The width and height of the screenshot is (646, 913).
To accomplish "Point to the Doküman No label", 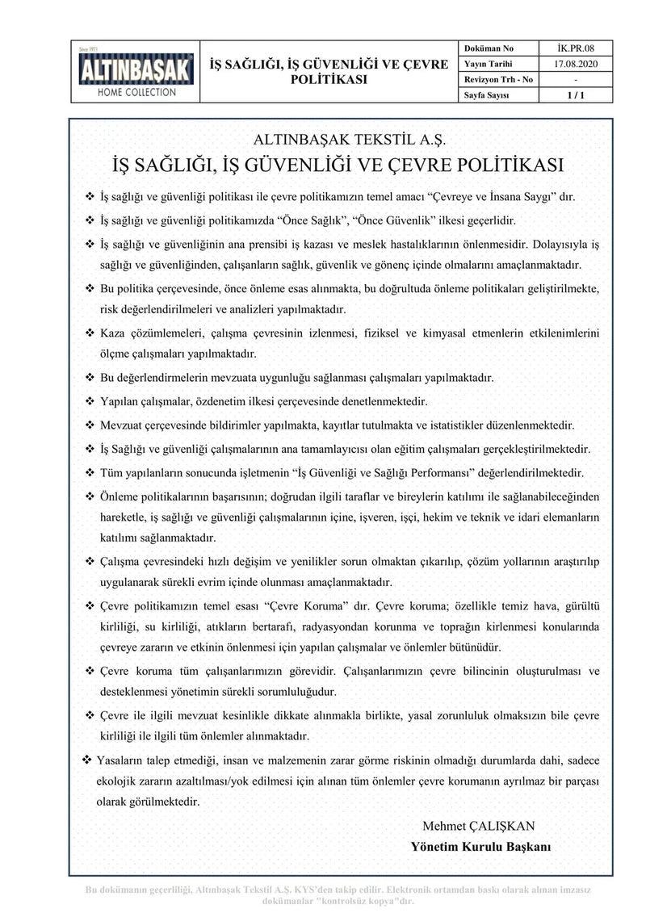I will tap(489, 48).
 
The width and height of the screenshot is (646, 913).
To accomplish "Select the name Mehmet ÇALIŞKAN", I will tap(478, 826).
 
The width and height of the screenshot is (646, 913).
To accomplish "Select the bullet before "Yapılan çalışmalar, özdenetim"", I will tap(90, 400).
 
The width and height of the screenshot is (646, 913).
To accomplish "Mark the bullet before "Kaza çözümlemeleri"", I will tap(90, 333).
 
